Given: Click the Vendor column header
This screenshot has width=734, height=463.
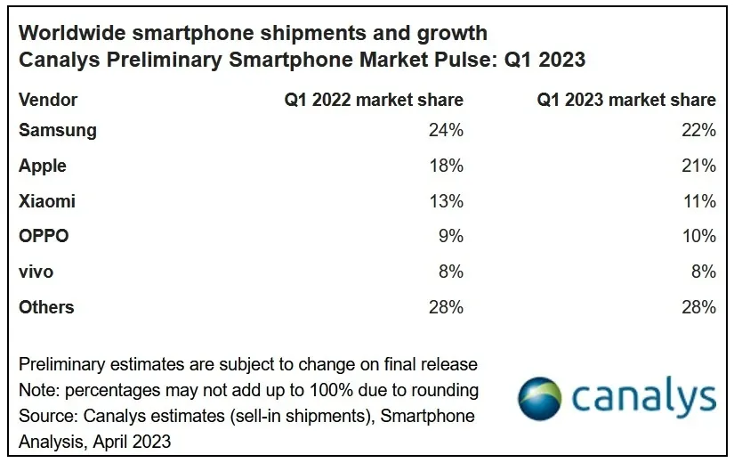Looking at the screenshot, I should tap(48, 100).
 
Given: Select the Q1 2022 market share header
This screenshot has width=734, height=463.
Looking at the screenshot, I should tap(374, 100).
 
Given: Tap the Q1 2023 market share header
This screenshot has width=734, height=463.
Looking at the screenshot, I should tap(626, 100).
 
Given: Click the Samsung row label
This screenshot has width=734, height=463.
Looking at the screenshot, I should tap(58, 130).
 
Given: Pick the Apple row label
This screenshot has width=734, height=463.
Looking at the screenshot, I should tap(43, 166).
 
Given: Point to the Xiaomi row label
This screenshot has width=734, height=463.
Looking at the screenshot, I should tap(47, 201).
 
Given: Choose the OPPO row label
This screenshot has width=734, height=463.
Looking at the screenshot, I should tap(44, 237).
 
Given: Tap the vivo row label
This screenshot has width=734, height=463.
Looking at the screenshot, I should tap(36, 272).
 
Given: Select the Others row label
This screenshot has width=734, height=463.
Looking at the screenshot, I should tap(46, 307).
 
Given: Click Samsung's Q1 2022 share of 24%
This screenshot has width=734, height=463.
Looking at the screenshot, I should tap(446, 130).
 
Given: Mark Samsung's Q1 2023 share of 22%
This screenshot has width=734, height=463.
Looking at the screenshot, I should tap(698, 130).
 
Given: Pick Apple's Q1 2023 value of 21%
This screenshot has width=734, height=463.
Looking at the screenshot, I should tap(698, 166).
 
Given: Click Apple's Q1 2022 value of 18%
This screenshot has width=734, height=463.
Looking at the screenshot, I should tap(446, 166).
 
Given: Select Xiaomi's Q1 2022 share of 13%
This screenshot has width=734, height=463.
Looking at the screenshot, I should tap(446, 201).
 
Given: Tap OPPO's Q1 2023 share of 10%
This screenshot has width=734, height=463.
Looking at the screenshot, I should tap(698, 237).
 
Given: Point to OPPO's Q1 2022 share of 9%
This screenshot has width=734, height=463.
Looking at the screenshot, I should tap(450, 237).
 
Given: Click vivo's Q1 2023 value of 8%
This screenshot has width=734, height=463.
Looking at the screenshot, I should tap(703, 272).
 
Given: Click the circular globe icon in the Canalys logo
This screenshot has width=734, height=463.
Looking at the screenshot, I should tap(539, 398).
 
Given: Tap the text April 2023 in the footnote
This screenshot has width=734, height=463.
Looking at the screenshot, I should tap(130, 441).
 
